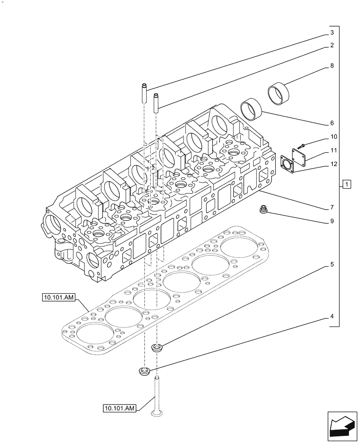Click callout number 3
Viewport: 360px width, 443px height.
click(331, 33)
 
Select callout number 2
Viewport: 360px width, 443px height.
click(331, 45)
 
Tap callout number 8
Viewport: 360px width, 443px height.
click(331, 66)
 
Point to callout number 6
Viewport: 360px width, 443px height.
click(331, 123)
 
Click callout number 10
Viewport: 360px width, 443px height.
click(333, 137)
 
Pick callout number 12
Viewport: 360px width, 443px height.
click(333, 164)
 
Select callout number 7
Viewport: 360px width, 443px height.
click(331, 207)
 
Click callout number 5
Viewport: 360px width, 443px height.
click(331, 264)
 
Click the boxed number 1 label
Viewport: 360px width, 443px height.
click(347, 184)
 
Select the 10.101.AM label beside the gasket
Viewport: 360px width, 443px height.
click(60, 298)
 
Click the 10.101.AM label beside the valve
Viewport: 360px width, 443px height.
click(120, 407)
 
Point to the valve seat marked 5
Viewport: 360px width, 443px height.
click(157, 348)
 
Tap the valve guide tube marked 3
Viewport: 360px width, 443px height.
click(144, 93)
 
